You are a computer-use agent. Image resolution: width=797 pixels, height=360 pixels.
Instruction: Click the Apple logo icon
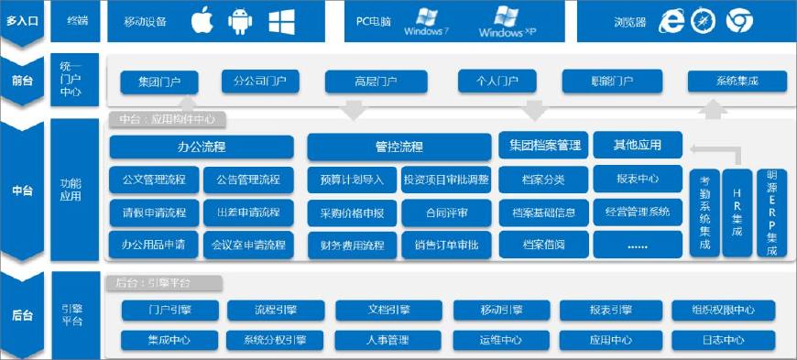(x=202, y=22)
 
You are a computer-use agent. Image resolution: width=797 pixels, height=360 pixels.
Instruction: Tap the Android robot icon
(x=239, y=22)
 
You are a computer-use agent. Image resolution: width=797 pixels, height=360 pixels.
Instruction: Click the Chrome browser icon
(x=739, y=22)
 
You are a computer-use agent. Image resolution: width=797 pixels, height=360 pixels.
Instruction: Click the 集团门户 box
(x=158, y=82)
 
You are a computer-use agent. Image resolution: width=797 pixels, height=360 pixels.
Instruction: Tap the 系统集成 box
(x=737, y=82)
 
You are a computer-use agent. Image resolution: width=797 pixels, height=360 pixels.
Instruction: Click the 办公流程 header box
(x=202, y=147)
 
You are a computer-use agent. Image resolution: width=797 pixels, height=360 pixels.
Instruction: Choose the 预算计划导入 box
(x=352, y=179)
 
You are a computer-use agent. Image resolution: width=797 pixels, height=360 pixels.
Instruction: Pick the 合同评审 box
(x=447, y=213)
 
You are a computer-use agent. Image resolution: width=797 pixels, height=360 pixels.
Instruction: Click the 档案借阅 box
(x=542, y=245)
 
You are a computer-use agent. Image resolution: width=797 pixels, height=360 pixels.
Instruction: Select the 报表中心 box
(x=638, y=179)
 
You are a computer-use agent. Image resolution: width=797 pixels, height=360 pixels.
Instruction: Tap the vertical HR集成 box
(x=737, y=213)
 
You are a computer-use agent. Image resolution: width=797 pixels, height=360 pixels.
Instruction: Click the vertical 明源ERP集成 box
(x=771, y=213)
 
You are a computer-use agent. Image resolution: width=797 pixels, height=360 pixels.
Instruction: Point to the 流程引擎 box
(x=276, y=311)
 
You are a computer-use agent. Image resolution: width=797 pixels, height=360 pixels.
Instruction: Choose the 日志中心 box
(x=724, y=341)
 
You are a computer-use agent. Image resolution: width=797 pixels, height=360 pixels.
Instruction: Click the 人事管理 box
(x=386, y=341)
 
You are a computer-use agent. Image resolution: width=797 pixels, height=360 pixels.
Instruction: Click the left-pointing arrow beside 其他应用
(x=704, y=147)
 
